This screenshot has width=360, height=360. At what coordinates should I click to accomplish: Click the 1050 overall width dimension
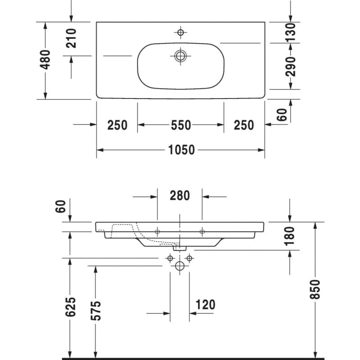(181, 150)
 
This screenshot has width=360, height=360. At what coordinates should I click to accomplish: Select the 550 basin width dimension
(181, 125)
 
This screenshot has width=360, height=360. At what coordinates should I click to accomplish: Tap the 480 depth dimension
(45, 59)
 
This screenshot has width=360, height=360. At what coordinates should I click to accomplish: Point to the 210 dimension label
(71, 38)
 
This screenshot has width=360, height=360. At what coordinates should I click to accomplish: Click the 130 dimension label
(290, 32)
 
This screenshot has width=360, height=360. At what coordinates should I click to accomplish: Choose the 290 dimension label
(290, 67)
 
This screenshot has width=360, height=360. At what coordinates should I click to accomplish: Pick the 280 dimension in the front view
(180, 196)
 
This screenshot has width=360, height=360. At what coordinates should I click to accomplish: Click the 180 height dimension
(289, 236)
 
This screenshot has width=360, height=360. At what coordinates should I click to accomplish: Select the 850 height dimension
(315, 289)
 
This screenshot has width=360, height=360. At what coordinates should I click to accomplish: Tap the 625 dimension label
(70, 307)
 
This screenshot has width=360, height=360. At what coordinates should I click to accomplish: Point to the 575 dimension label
(96, 310)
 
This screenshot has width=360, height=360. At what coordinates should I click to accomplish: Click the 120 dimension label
(205, 305)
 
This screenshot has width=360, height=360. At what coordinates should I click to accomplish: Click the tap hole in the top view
(180, 32)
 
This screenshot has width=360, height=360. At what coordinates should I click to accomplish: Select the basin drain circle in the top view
(180, 56)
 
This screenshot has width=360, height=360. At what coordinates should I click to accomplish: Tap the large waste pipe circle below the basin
(180, 266)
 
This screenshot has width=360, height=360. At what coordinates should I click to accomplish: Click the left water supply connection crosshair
(170, 258)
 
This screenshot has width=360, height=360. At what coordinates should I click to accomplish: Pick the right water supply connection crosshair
(189, 258)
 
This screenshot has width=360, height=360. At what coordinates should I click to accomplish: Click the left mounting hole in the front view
(157, 232)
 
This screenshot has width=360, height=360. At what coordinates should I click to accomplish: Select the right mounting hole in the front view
(202, 232)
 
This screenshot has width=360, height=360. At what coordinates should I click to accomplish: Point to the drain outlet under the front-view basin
(180, 248)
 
